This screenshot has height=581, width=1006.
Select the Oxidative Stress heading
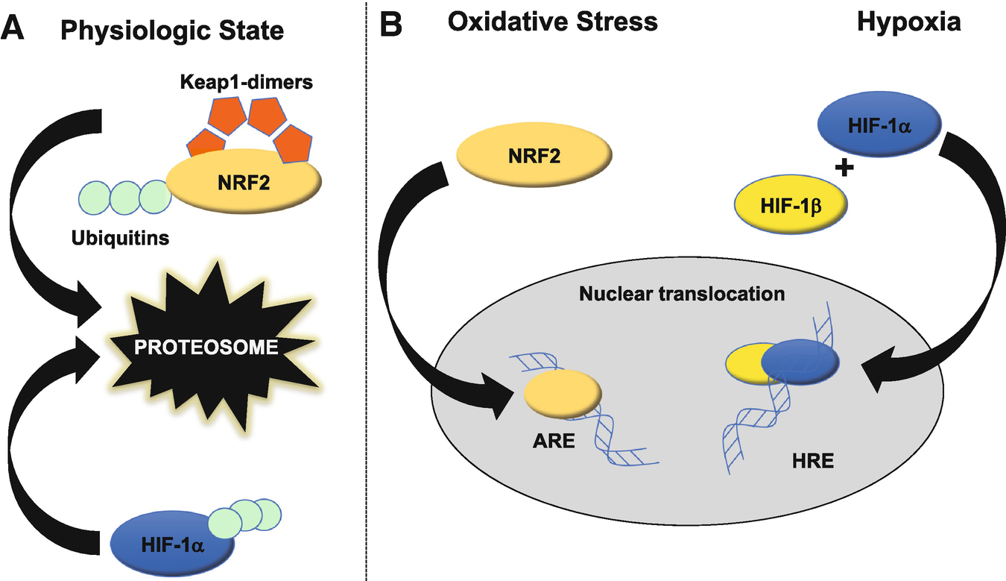click(x=552, y=22)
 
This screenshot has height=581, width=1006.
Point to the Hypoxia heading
click(x=909, y=22)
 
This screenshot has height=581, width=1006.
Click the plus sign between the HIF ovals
click(x=844, y=169)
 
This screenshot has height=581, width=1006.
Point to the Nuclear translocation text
click(x=682, y=294)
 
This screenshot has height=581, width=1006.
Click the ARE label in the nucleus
click(x=554, y=440)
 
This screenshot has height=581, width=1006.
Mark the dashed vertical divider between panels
click(x=367, y=298)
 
